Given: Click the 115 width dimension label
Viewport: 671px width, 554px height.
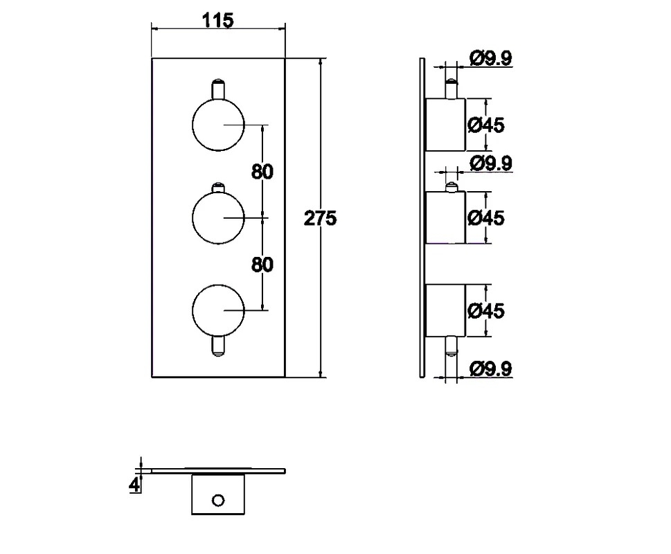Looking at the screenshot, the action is coord(218,20).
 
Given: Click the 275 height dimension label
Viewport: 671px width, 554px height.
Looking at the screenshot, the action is coord(320,218).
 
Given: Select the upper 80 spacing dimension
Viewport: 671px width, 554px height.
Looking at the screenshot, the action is coord(262,172).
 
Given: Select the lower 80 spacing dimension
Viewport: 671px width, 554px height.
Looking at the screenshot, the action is coord(262,265).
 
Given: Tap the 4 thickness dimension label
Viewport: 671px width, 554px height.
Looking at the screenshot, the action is coord(134,485).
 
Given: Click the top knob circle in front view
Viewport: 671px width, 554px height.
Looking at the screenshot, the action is coord(193,125).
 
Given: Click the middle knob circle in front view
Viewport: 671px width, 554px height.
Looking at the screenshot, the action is coord(193,217).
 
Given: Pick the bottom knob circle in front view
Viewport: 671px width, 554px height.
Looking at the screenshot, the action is coord(193,310).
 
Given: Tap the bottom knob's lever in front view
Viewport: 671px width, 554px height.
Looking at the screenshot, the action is coord(218,346).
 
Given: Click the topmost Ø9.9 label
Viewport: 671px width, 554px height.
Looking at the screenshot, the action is coord(490,58).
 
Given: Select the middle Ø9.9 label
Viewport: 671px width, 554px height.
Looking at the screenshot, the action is coord(490,163).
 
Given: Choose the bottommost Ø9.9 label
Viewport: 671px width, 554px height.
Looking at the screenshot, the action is coord(490,369).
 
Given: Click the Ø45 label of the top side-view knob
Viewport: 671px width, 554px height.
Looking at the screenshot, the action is coord(486,125).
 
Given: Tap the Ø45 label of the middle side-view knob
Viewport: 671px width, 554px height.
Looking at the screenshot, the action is coord(486,217).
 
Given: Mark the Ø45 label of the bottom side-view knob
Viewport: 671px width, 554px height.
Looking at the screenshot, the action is coord(486,310).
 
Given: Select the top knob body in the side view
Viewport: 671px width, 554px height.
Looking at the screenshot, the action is coord(445,125).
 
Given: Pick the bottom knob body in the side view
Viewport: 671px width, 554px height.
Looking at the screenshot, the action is coord(445,310).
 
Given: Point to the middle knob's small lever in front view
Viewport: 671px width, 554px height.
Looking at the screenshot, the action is coord(218,188).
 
